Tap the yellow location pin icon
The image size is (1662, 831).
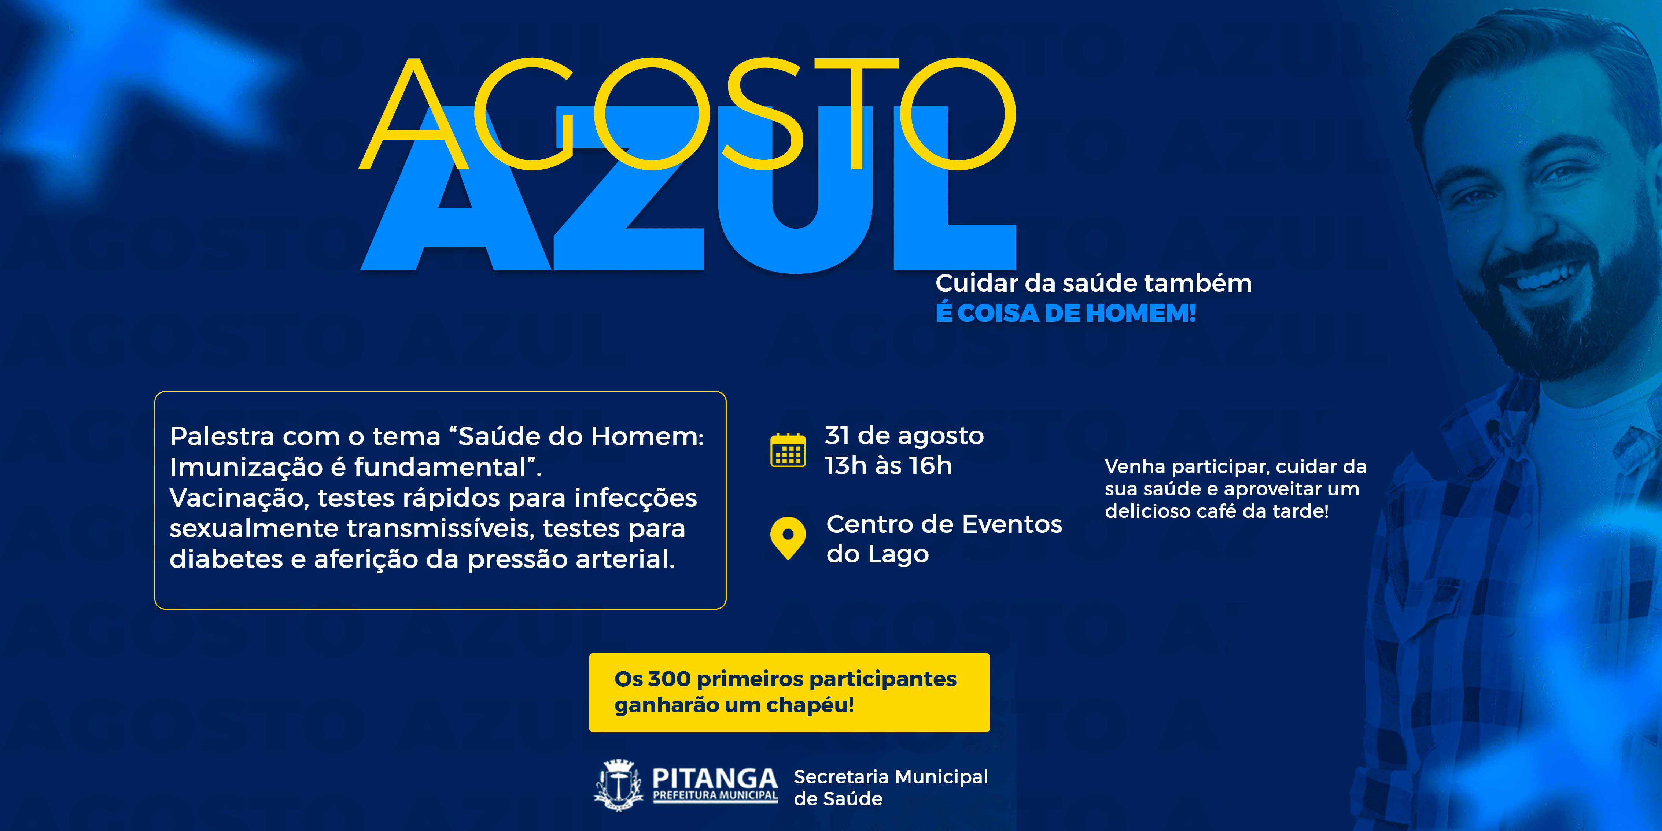pos(788,537)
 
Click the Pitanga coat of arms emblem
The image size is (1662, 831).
pos(619,784)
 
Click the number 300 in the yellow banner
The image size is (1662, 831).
pos(669,679)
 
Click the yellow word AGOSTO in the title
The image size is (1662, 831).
pos(687,114)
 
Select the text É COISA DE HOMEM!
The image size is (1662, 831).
pos(1066,314)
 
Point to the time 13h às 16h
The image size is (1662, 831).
pos(888,466)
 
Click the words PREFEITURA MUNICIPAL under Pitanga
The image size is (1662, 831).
pos(715,795)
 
